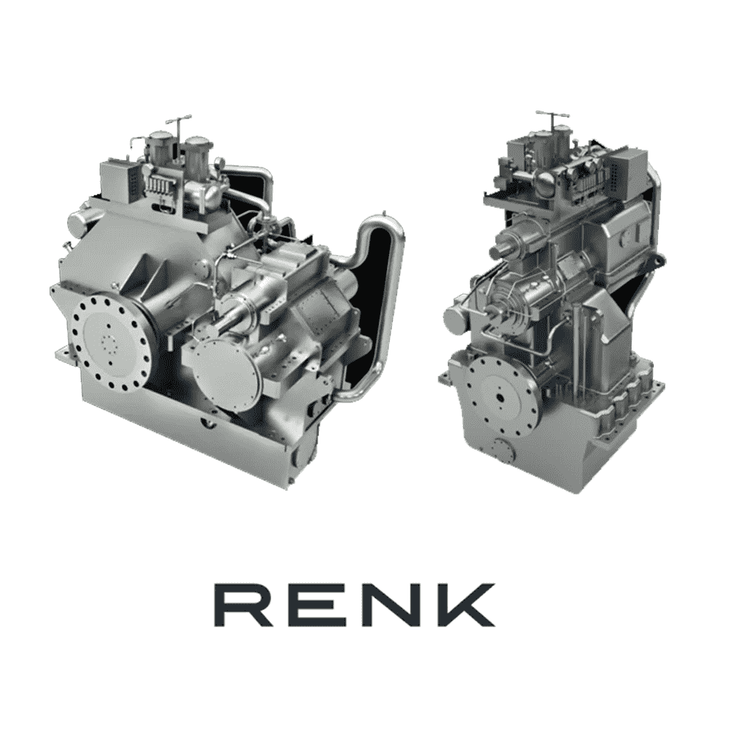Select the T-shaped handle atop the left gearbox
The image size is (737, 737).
179,119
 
